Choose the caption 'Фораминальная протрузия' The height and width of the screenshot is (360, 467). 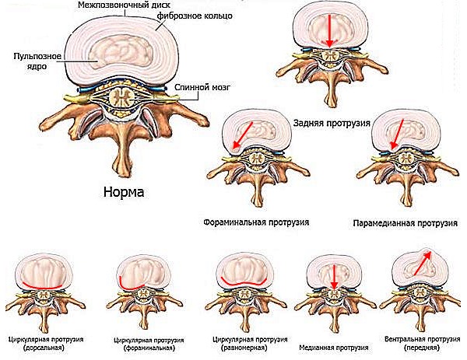coord(255,222)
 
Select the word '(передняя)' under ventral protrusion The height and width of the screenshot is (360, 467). coord(423,348)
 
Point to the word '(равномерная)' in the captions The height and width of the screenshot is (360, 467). coord(243,348)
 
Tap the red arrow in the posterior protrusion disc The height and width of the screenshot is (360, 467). coord(331,30)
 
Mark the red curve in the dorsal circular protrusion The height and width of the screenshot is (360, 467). coord(45,285)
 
